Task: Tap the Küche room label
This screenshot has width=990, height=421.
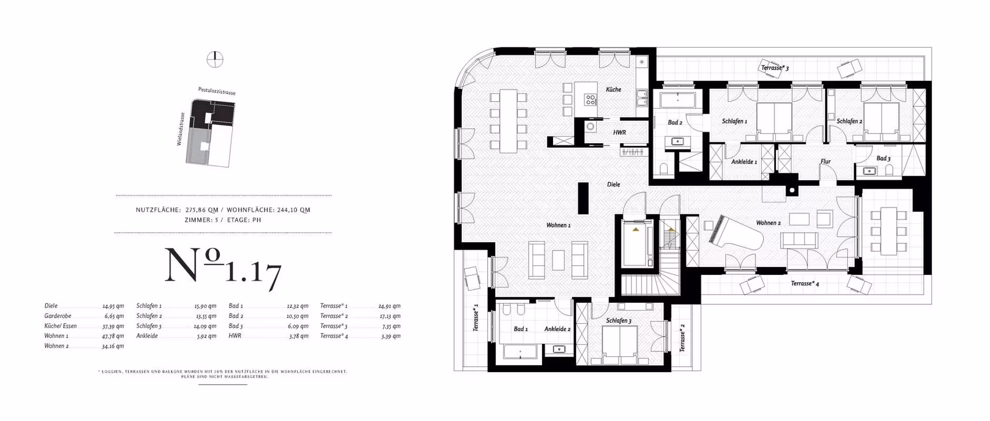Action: click(x=613, y=90)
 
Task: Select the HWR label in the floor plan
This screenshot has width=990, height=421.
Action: click(x=619, y=132)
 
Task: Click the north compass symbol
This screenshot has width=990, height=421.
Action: click(x=215, y=60)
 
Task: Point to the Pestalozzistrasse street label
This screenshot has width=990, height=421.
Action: click(x=217, y=91)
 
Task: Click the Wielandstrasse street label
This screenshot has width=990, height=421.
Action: click(x=180, y=129)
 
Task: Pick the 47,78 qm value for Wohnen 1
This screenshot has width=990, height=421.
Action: click(x=113, y=336)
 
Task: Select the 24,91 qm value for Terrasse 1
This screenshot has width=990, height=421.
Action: click(x=389, y=306)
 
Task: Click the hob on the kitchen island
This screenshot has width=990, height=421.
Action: click(x=590, y=100)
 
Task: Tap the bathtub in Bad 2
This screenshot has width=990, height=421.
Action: click(x=678, y=100)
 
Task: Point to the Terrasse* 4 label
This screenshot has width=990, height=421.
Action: click(x=804, y=284)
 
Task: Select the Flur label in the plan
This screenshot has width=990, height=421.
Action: click(x=825, y=162)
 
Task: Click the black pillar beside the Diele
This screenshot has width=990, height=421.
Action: click(x=583, y=198)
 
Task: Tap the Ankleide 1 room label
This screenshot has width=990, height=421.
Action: click(x=743, y=162)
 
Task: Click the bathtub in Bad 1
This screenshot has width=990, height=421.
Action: click(x=520, y=352)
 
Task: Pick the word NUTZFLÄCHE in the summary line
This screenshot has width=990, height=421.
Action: click(x=158, y=210)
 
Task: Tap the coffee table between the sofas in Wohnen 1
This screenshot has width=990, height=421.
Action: click(x=558, y=260)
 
